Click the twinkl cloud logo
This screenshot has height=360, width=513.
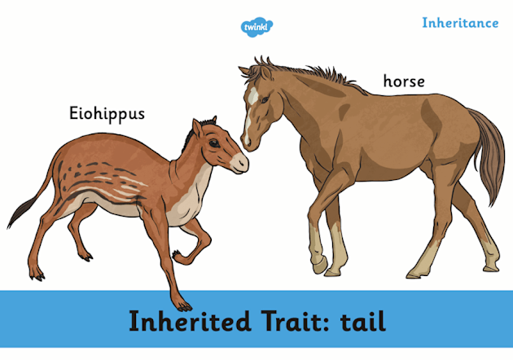256,27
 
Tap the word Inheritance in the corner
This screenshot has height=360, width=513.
460,23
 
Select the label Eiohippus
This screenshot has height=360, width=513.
107,114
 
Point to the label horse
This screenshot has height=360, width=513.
404,81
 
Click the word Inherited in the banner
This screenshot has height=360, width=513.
190,321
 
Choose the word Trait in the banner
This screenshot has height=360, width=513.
296,321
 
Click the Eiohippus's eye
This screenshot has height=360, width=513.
214,143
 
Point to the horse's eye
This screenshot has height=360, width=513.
265,99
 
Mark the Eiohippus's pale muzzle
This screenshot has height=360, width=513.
239,163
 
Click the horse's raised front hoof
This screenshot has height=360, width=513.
319,265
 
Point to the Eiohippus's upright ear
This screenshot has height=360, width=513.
197,129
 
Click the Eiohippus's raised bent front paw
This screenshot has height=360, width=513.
179,257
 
